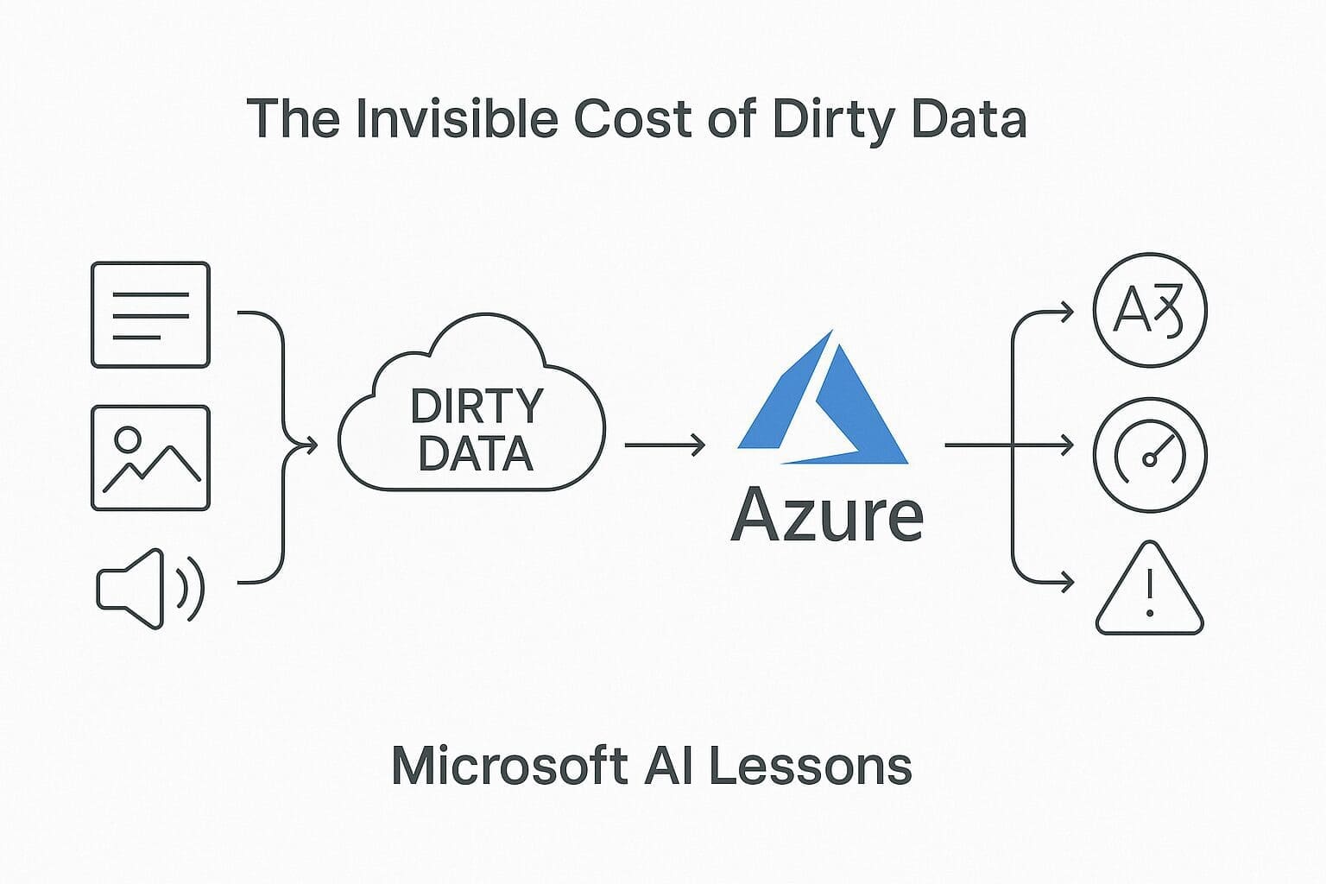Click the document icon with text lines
pyautogui.click(x=150, y=315)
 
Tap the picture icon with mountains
pyautogui.click(x=150, y=458)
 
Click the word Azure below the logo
pyautogui.click(x=826, y=516)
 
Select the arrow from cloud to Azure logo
pyautogui.click(x=664, y=445)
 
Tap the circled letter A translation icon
pyautogui.click(x=1149, y=311)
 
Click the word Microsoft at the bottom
pyautogui.click(x=509, y=765)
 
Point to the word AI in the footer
pyautogui.click(x=668, y=765)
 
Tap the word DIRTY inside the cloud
pyautogui.click(x=477, y=406)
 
